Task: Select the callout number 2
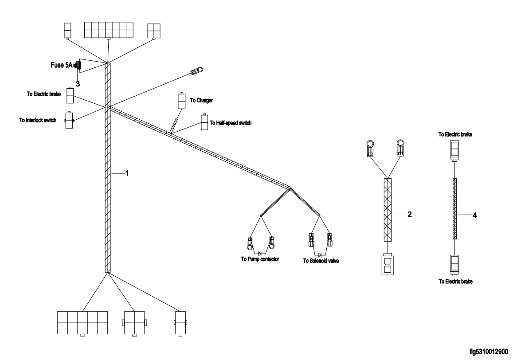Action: click(x=410, y=215)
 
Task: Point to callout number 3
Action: click(x=78, y=83)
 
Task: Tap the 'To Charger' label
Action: click(x=202, y=101)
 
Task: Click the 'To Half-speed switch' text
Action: click(x=231, y=123)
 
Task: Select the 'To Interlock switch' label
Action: click(x=38, y=120)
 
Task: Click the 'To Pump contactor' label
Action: click(x=260, y=258)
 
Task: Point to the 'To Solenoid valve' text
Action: click(x=321, y=261)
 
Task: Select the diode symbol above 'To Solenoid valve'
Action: click(x=320, y=254)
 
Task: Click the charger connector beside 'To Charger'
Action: click(x=182, y=101)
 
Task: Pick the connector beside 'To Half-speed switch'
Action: click(x=205, y=122)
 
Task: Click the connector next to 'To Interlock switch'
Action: click(x=70, y=120)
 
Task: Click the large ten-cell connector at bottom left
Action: click(x=82, y=322)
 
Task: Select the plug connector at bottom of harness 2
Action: click(x=388, y=264)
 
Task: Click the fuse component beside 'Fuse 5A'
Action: click(x=77, y=66)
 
